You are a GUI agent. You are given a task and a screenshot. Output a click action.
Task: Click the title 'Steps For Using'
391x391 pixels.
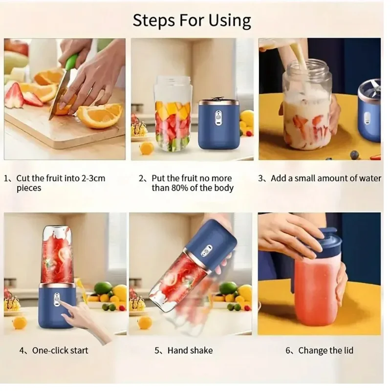click(x=192, y=21)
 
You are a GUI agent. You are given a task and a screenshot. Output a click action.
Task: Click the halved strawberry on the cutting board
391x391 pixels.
click(x=15, y=95)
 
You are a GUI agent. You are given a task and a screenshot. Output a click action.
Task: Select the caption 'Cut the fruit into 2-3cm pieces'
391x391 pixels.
click(x=61, y=183)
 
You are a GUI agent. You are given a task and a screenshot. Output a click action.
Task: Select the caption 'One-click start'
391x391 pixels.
click(x=60, y=350)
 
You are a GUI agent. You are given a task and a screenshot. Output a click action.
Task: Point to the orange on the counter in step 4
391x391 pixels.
click(x=20, y=323)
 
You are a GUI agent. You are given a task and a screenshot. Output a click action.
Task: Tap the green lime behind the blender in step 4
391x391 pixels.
click(x=103, y=288)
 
